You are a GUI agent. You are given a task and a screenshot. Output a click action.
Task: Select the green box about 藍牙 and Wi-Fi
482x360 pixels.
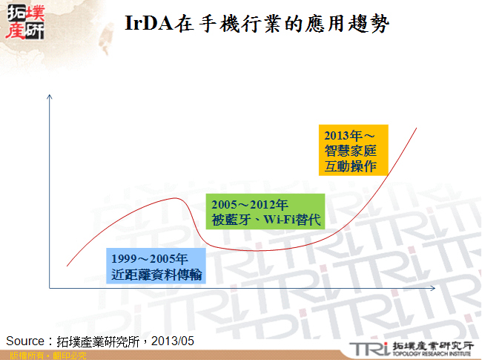(x=264, y=211)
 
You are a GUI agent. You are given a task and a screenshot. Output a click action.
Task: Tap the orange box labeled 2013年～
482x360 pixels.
(x=353, y=151)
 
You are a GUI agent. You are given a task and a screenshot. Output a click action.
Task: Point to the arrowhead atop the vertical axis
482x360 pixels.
(x=49, y=96)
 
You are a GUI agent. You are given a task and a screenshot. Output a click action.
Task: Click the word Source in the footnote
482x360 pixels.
(x=25, y=341)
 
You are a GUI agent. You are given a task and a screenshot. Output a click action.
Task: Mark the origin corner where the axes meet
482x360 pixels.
(x=49, y=287)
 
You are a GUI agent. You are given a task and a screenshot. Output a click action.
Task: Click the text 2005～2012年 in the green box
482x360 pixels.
(x=245, y=203)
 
